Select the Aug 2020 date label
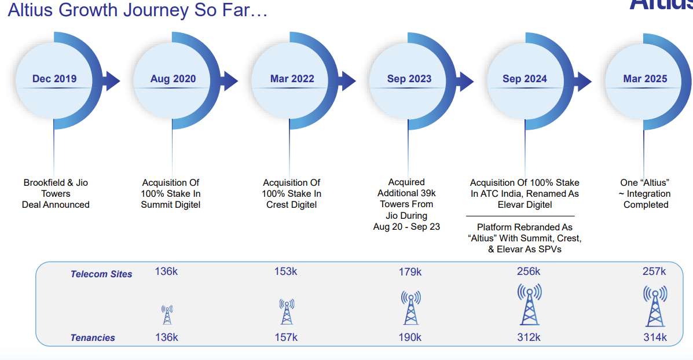coord(173,79)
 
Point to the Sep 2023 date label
coord(409,79)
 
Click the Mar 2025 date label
coord(645,79)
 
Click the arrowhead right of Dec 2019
coord(111,81)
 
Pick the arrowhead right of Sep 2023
coord(467,81)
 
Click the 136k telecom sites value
coord(166,271)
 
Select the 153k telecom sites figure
coord(285,271)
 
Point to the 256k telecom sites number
coord(529,271)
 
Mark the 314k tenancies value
coord(655,337)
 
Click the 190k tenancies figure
coord(410,337)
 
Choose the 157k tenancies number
coord(285,337)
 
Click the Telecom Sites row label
coord(101,274)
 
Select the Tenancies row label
coord(93,338)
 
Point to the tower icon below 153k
coord(286,312)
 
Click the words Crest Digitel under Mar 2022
coord(292,205)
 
